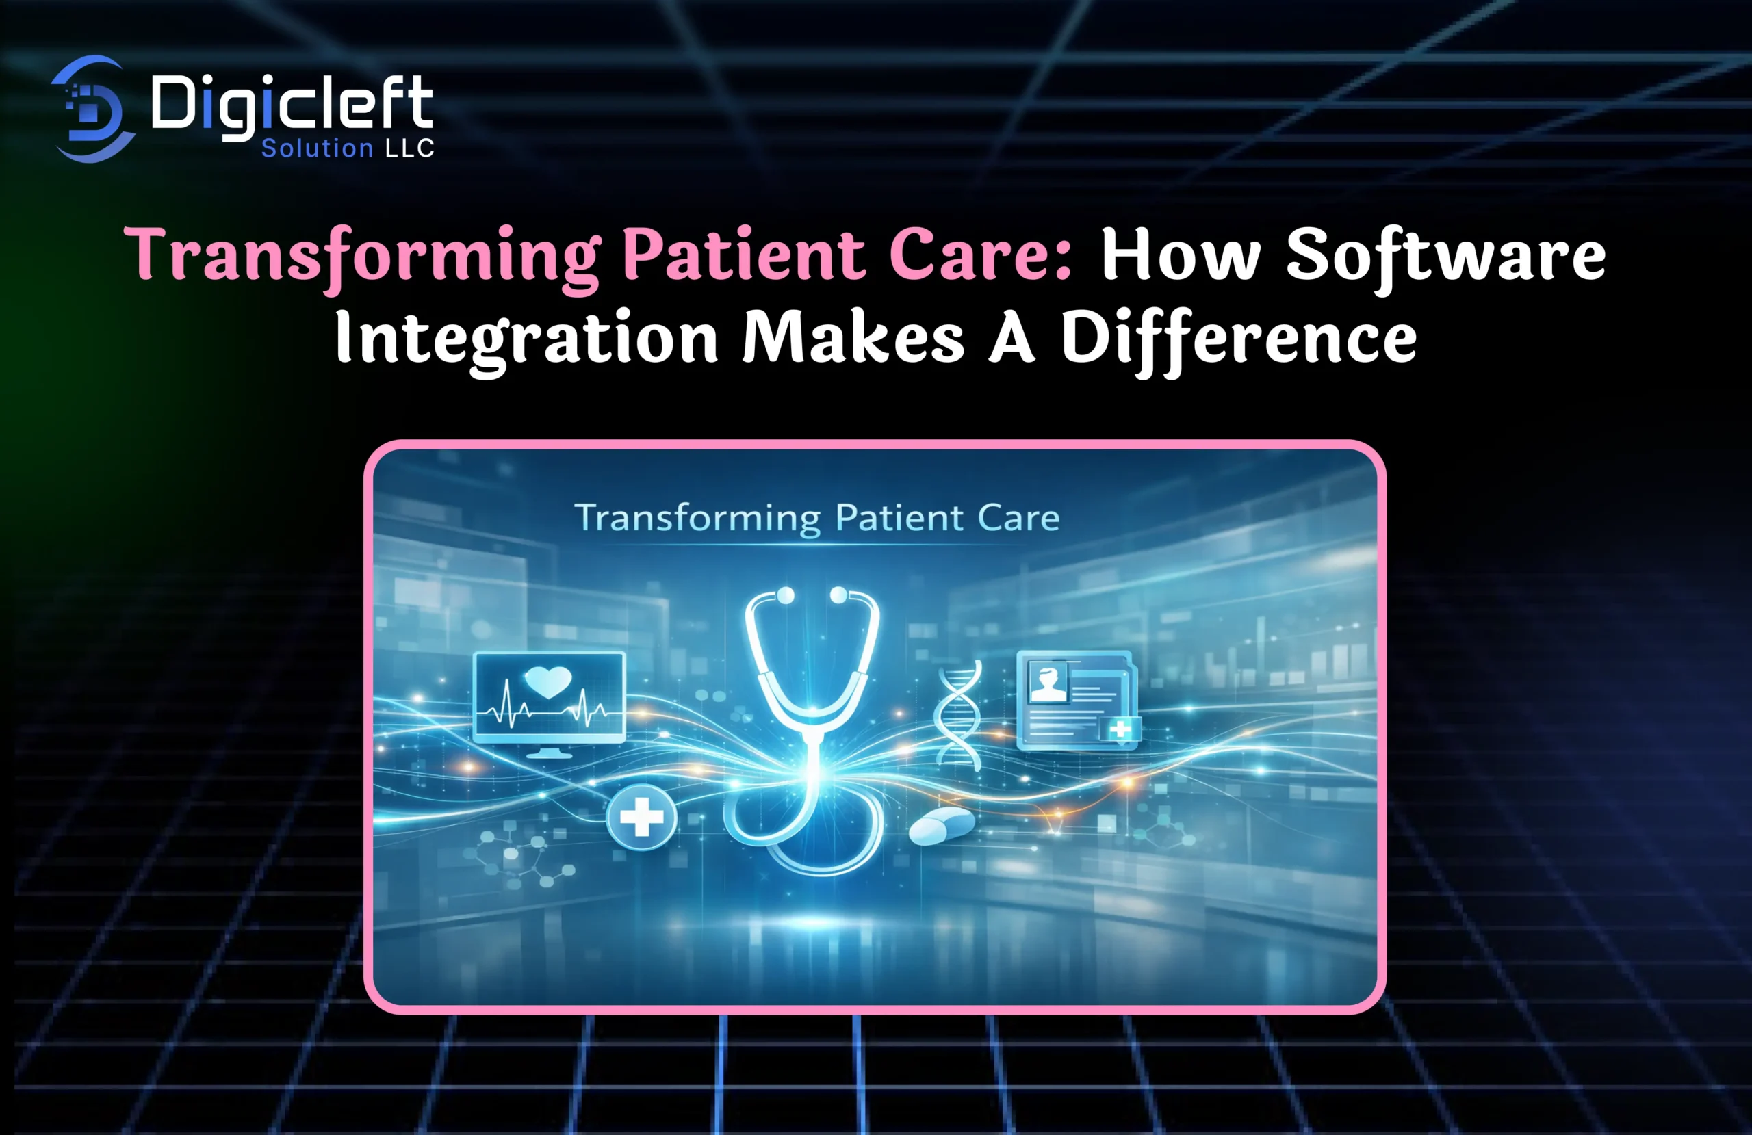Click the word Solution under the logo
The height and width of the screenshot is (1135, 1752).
tap(318, 148)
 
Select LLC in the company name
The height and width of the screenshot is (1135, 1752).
tap(409, 148)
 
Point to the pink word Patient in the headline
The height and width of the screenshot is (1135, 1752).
tap(743, 254)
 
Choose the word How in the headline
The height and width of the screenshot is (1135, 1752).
tap(1181, 255)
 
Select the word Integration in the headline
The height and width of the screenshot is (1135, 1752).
tap(527, 339)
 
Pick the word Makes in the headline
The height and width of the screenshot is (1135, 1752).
tap(853, 337)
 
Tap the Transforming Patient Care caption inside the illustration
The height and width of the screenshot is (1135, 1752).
tap(817, 518)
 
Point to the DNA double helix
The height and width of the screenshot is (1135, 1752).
tap(957, 715)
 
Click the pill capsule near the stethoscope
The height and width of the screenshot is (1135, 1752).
tap(942, 825)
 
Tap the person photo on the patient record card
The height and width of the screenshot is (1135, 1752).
tap(1048, 681)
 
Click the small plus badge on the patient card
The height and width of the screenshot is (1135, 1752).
tap(1120, 729)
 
